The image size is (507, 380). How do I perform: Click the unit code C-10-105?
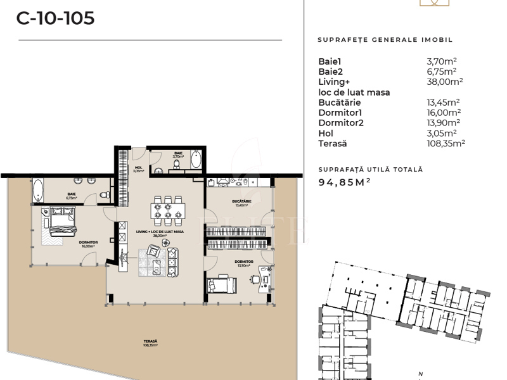pos(56,18)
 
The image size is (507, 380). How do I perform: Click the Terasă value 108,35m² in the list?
pos(446,143)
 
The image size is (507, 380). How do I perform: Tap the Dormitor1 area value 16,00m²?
pos(444,112)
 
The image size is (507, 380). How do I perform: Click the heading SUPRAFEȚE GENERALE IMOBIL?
pos(385,39)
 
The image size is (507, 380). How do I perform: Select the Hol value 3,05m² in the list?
pos(442,133)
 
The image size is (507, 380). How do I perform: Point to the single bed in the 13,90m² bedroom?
pos(221,284)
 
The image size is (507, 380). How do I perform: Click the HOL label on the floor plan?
pos(139,168)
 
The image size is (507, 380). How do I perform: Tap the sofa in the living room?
pos(172,260)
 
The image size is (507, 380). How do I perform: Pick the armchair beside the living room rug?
pos(154,251)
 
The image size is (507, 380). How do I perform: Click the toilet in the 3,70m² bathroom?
pos(177,164)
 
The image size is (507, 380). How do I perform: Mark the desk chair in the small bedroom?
pos(254,279)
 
